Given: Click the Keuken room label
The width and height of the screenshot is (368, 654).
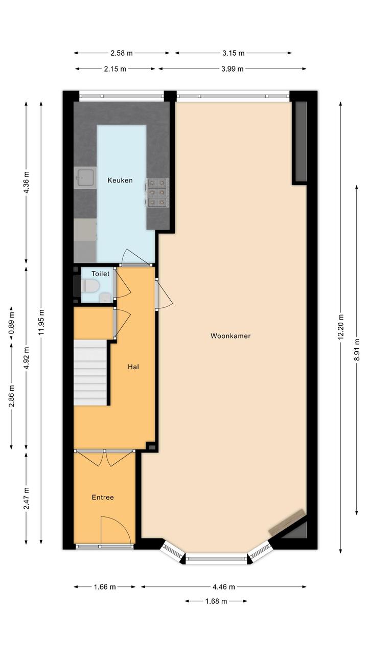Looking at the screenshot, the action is coord(120,180).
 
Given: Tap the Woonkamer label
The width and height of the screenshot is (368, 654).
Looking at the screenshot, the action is coord(231,336).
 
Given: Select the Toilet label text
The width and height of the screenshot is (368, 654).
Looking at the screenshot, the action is coord(100,274).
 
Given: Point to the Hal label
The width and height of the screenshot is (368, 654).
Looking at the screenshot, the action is coord(133,367).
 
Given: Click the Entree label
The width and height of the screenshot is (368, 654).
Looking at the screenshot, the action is coord(103,497).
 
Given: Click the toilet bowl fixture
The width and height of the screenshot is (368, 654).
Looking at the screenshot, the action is coord(90,286).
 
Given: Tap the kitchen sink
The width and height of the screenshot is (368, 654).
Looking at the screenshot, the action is coord(85,178).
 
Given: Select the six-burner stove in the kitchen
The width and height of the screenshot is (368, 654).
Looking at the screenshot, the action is coord(157,192).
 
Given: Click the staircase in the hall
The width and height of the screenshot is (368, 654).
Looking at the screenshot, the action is coord(90,372).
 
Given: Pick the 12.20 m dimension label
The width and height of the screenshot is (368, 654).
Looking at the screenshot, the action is coord(340,327).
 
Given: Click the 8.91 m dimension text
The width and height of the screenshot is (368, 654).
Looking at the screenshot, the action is coord(357,349).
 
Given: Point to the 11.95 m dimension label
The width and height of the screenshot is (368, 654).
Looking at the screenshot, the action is coord(41,322).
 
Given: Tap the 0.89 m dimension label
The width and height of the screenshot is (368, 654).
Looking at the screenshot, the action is coord(11,324).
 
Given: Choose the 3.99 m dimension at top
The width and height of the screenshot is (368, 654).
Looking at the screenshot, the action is coord(232,69).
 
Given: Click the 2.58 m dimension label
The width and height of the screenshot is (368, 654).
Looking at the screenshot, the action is coord(122,53).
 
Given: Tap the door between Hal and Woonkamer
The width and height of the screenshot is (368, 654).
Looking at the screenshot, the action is coord(164,293).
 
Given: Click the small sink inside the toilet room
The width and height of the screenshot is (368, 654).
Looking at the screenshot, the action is coord(105,298).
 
